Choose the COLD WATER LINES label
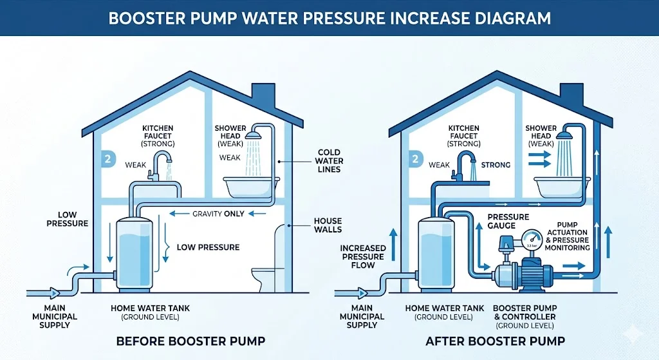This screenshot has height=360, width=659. pos(329,161)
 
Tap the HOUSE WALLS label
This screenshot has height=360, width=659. pos(328,225)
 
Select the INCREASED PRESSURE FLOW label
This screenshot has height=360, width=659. pos(363,256)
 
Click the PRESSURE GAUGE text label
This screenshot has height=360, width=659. pos(508,222)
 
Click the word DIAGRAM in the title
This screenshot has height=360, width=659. pos(509,17)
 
